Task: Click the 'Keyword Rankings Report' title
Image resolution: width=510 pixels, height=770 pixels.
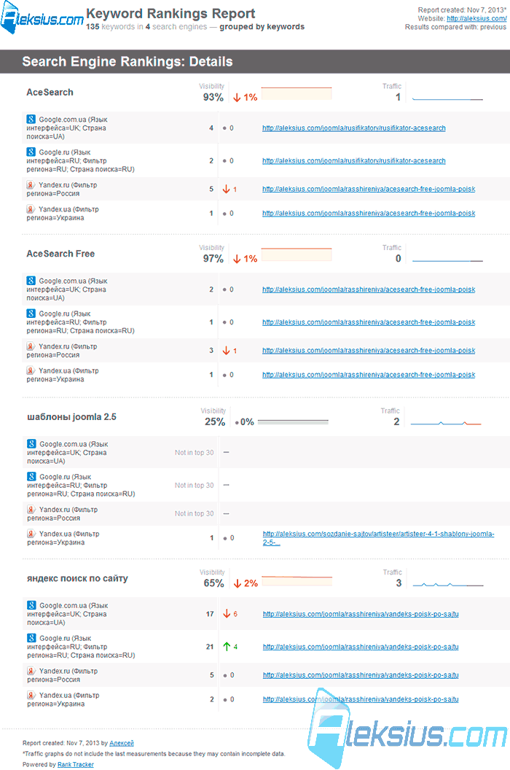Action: point(170,14)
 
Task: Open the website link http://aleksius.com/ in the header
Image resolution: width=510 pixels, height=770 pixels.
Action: point(476,19)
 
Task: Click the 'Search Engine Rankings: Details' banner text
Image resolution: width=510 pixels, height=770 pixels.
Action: point(127,61)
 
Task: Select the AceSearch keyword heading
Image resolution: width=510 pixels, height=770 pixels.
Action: point(50,93)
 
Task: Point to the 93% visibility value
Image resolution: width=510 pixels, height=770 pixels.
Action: point(213,97)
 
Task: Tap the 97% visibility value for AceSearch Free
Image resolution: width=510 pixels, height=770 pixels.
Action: point(213,259)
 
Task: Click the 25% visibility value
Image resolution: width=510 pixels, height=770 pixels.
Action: point(215,422)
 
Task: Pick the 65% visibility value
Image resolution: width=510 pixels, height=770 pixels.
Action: point(213,583)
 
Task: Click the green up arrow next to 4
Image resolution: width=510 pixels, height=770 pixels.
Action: point(227,647)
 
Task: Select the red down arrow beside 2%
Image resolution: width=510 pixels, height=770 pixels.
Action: point(238,583)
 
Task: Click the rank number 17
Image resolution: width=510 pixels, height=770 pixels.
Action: point(210,614)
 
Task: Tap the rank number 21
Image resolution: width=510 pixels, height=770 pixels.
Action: point(210,647)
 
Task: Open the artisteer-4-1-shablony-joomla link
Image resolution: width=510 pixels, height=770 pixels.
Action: point(378,538)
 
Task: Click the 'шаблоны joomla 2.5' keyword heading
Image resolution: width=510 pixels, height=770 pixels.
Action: point(71,417)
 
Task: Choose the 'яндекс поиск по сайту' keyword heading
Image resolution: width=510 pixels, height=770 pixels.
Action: point(77,578)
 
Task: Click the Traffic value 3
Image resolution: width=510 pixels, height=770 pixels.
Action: point(399,583)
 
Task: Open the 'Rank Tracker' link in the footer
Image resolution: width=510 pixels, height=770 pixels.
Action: point(76,765)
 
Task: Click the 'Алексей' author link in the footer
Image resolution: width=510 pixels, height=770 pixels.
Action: point(121,744)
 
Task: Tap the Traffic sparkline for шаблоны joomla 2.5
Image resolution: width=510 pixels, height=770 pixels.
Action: point(446,423)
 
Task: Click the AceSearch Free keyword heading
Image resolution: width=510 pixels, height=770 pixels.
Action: point(60,254)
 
